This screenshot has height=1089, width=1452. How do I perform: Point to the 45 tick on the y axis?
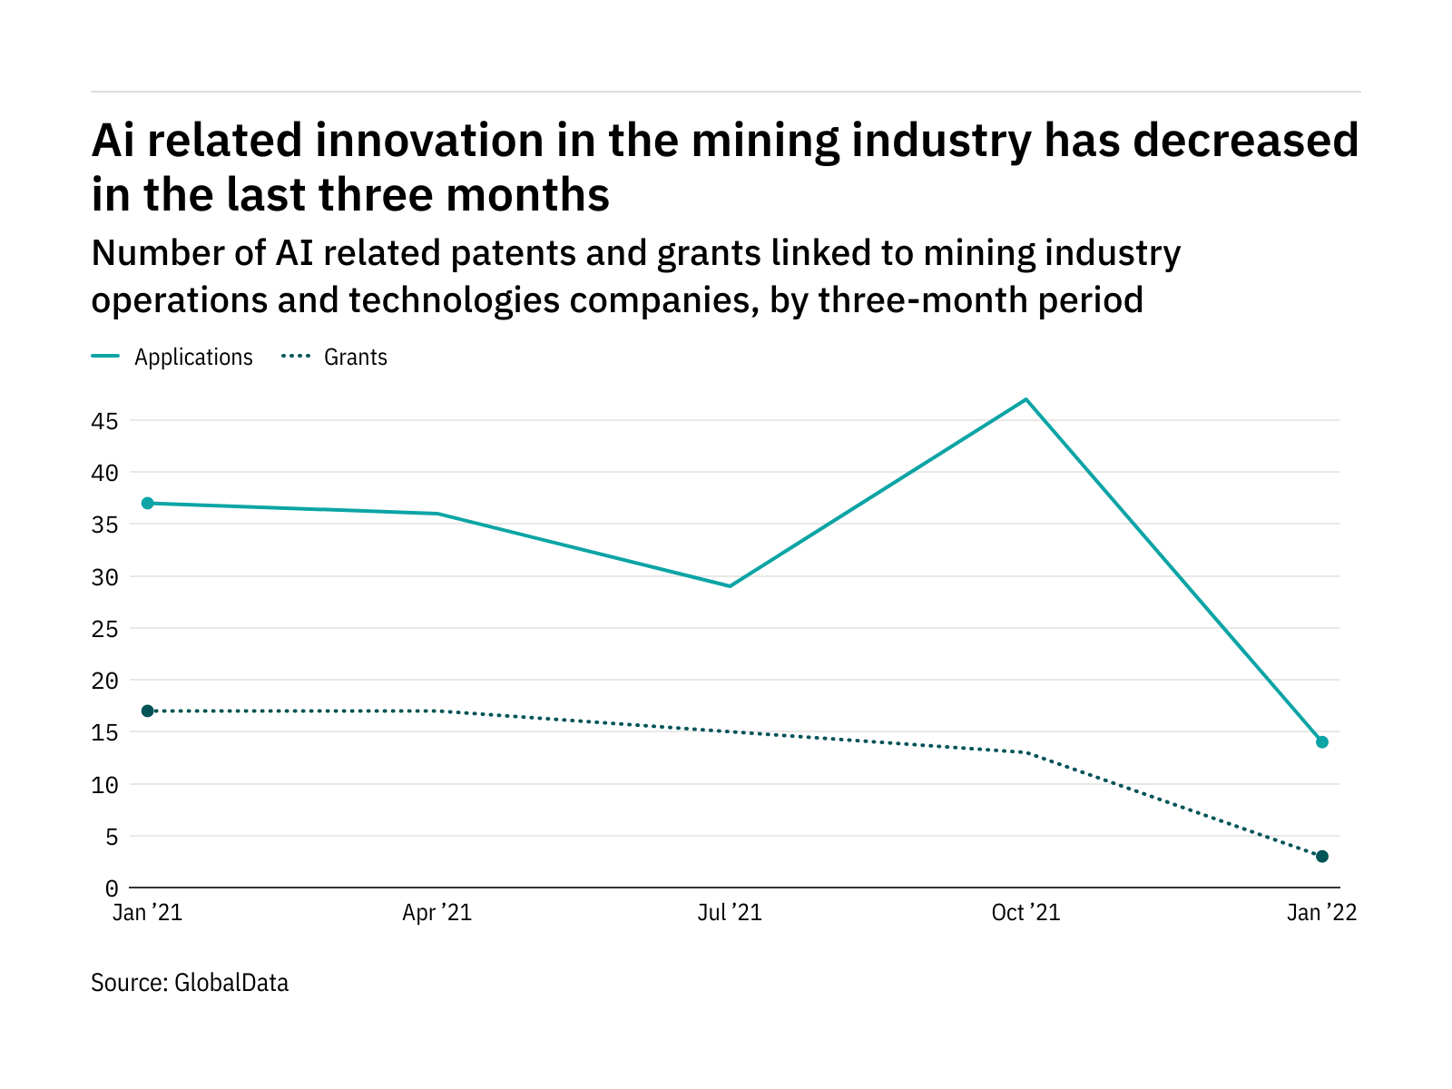point(104,421)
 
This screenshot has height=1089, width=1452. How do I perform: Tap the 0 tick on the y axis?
point(111,888)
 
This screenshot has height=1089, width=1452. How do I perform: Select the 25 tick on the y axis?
point(104,629)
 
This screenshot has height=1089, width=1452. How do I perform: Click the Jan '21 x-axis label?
point(147,913)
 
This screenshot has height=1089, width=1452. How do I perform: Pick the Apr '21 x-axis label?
point(437,913)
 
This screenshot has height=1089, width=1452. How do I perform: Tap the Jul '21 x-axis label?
point(730,913)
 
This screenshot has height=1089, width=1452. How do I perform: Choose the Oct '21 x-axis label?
point(1025,913)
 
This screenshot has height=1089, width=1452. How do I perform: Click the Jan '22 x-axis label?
point(1321,913)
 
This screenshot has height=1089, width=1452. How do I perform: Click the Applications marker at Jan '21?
point(147,504)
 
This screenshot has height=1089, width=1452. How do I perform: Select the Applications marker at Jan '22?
point(1322,742)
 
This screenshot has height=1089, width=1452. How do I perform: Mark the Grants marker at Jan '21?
point(147,711)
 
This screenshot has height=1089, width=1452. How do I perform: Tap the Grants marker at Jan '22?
point(1322,857)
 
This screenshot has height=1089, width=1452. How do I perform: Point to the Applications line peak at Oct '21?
point(1025,399)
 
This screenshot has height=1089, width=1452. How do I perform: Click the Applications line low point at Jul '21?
point(730,586)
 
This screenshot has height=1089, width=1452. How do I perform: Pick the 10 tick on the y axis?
point(104,785)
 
